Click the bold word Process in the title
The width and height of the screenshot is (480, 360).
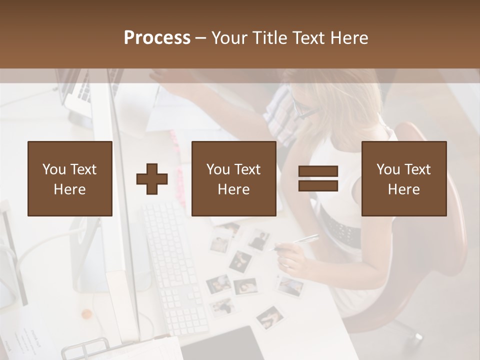click(x=157, y=38)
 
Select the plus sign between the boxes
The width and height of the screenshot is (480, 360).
click(x=152, y=179)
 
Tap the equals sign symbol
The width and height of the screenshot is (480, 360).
click(x=318, y=178)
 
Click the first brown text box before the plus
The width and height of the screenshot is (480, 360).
click(x=70, y=178)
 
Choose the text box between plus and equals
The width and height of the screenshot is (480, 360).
click(x=233, y=178)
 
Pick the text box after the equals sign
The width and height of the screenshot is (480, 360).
click(x=403, y=178)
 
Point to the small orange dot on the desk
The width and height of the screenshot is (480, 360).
click(x=86, y=314)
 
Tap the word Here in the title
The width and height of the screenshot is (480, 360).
click(x=349, y=38)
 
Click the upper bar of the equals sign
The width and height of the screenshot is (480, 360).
click(x=318, y=171)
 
